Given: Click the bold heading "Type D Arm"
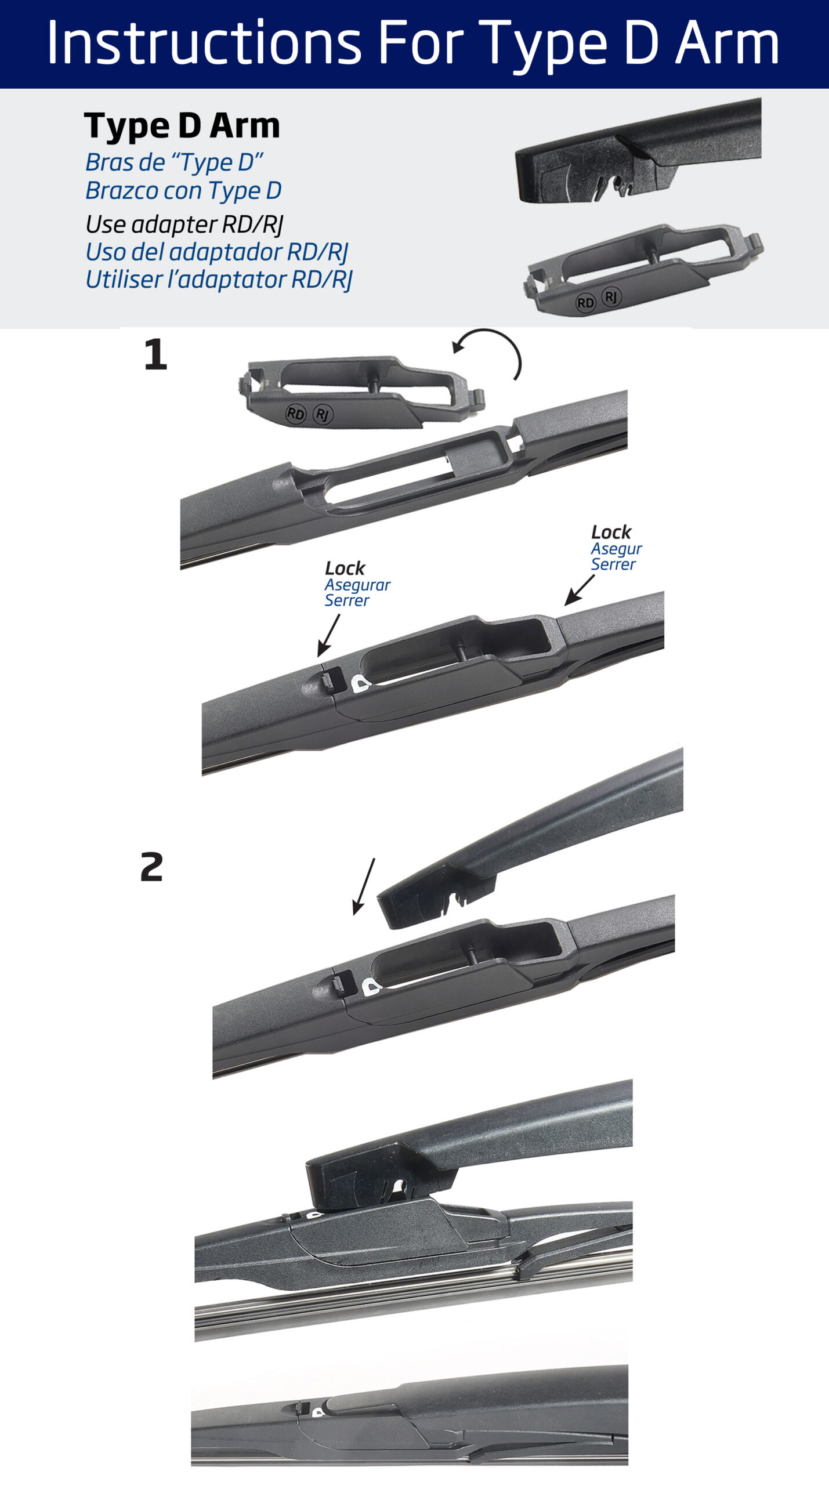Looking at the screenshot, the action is (x=182, y=126).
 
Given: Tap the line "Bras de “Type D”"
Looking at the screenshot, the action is (x=174, y=162).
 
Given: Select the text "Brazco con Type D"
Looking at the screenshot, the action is (x=183, y=190).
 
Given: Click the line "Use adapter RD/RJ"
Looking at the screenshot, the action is (x=184, y=224).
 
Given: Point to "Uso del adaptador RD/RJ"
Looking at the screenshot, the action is (x=216, y=252).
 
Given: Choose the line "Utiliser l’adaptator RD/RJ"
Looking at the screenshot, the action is (x=219, y=279).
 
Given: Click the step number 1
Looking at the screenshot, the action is (x=155, y=354).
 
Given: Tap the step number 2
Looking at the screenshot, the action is (x=152, y=867).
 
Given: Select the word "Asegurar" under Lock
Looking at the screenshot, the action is (x=357, y=585).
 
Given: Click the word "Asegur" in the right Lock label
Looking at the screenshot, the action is (x=616, y=549).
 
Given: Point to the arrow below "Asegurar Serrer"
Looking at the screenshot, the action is (x=328, y=636).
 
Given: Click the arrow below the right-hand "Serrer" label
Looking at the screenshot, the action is (x=580, y=590).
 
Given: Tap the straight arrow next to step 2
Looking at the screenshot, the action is (x=364, y=886).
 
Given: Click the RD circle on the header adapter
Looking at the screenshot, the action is (x=585, y=302).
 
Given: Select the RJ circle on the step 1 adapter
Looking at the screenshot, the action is (x=323, y=414).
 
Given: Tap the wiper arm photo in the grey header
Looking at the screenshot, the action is (x=638, y=151).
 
